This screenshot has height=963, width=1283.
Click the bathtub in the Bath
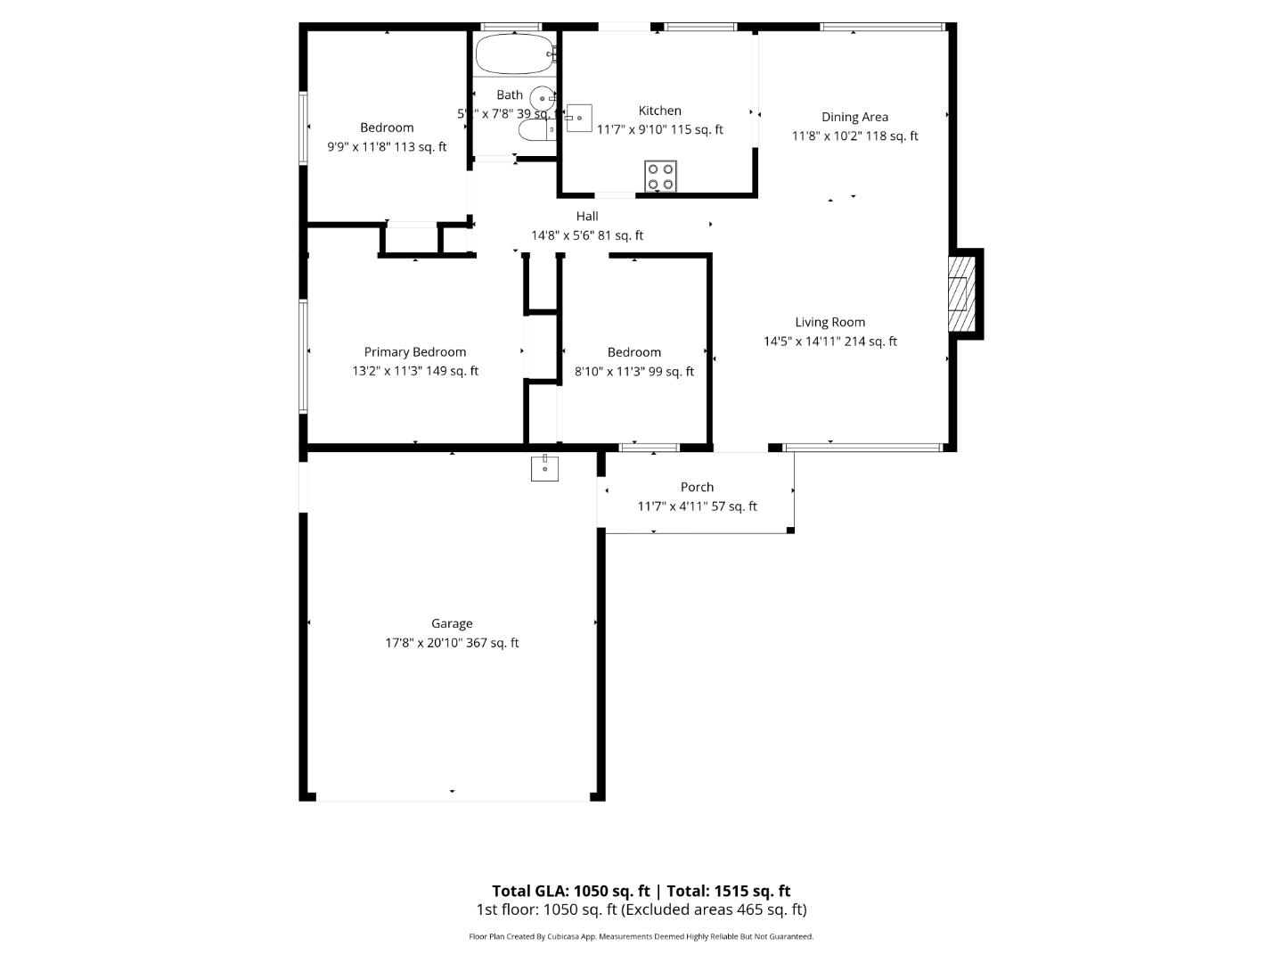513,54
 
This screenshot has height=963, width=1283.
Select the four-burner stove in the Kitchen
660,176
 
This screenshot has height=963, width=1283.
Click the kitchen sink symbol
578,118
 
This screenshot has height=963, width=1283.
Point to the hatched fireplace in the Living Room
960,293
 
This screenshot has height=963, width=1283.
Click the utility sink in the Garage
544,467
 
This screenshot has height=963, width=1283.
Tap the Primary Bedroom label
414,352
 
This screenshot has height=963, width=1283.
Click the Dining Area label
854,117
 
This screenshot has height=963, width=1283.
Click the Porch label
697,487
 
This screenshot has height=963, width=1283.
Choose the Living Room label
829,322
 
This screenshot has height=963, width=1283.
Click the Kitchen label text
659,111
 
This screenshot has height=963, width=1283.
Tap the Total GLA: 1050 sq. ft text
571,891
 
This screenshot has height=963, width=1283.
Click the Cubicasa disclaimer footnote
641,936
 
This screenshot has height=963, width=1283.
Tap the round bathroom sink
541,98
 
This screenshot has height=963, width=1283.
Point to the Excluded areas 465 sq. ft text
714,909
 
